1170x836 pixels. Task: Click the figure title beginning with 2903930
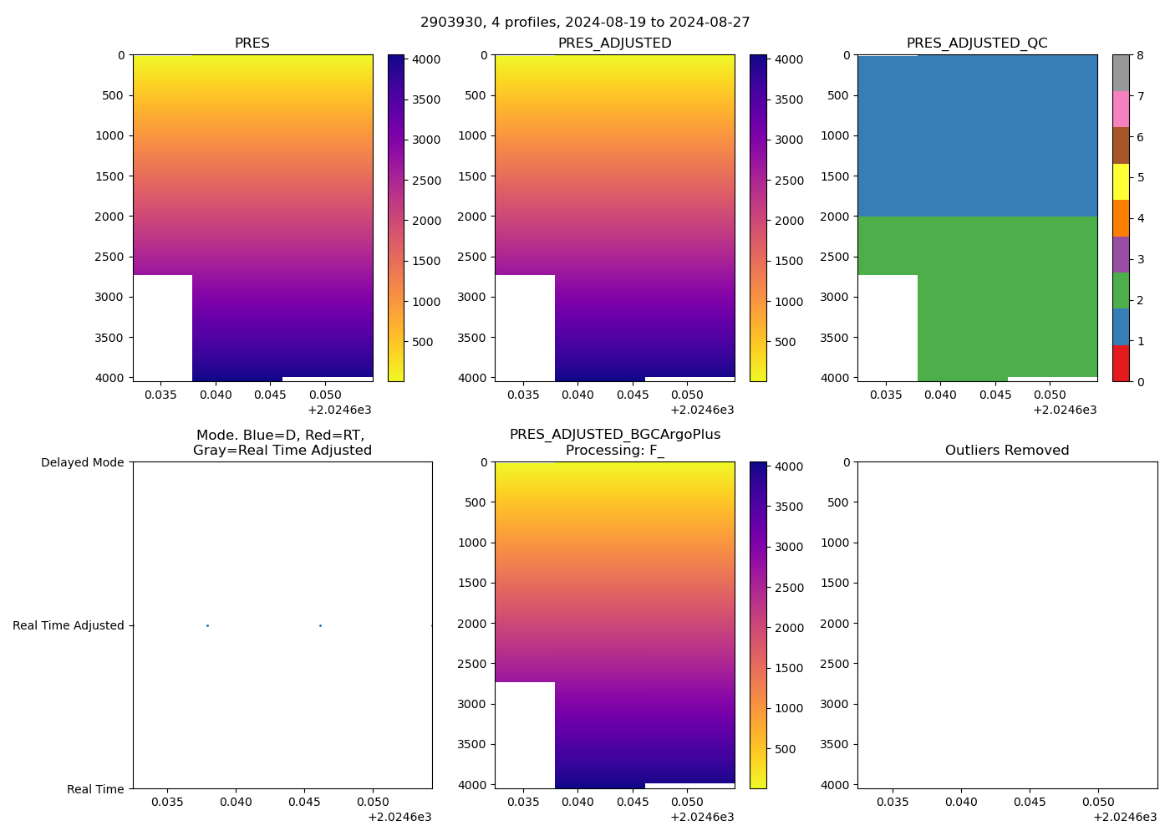click(585, 23)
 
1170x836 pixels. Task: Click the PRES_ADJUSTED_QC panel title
click(977, 43)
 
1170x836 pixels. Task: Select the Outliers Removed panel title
click(1007, 451)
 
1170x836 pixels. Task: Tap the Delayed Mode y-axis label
click(82, 462)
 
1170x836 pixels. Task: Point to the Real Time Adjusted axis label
click(69, 625)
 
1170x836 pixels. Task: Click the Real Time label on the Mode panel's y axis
click(95, 789)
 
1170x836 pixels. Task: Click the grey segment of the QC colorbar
click(1121, 73)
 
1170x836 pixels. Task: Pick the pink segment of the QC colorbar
click(1121, 110)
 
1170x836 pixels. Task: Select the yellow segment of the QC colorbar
click(1121, 181)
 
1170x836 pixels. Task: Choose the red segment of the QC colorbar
click(1121, 364)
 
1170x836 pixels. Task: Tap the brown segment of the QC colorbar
click(1121, 145)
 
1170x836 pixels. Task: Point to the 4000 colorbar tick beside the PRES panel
click(426, 59)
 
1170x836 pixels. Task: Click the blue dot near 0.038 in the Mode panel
click(207, 625)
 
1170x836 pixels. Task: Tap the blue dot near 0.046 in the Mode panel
click(320, 625)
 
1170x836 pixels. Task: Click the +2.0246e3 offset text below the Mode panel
click(399, 817)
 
